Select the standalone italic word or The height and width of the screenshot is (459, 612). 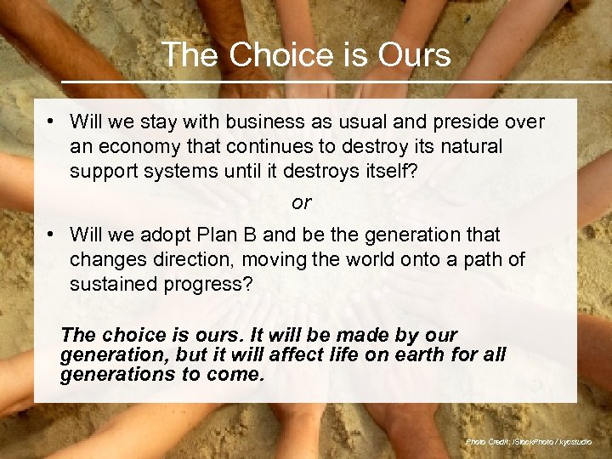[302, 203]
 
